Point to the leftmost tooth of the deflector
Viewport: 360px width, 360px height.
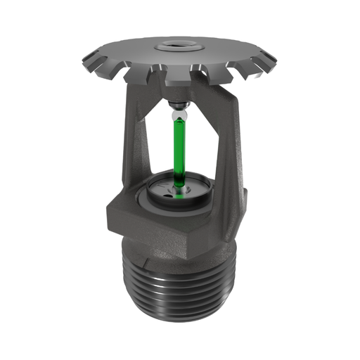point(86,56)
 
